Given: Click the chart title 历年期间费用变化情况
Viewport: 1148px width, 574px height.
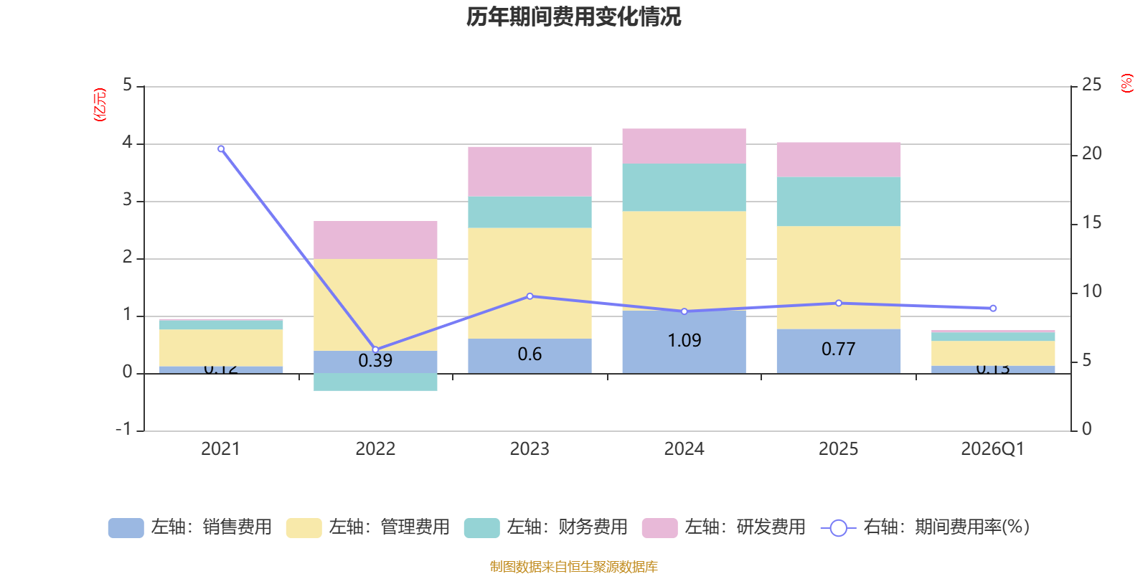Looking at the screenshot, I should tap(573, 17).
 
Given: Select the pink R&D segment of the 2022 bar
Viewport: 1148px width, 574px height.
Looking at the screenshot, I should tap(375, 240).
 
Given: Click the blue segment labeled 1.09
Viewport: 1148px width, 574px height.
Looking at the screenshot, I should tap(684, 342).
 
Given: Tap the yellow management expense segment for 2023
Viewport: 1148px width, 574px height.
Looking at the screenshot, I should tap(530, 283).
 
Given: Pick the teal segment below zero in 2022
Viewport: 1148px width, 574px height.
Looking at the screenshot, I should tap(375, 382).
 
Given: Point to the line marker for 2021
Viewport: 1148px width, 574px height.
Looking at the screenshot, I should tap(221, 149).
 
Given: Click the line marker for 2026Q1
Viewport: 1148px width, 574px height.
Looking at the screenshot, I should tap(993, 309).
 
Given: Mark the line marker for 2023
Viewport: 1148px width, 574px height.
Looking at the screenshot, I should tap(530, 296).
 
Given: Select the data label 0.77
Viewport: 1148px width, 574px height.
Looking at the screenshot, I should tap(838, 349).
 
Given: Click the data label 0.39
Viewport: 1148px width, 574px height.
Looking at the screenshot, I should tap(375, 360).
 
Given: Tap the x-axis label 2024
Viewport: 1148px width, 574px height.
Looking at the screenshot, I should tap(684, 449).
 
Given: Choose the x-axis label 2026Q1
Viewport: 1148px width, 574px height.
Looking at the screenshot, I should tap(992, 449).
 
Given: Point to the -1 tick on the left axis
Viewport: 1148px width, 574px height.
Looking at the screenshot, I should tap(124, 429).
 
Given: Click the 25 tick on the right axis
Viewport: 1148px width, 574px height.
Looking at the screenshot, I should tap(1091, 85).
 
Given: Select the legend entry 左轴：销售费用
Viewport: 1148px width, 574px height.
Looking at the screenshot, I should tap(190, 527).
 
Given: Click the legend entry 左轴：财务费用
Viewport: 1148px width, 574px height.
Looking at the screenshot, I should tap(546, 527).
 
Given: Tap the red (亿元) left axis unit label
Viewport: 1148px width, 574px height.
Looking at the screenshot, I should tap(100, 105).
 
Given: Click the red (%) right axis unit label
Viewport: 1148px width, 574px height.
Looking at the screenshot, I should tap(1126, 83).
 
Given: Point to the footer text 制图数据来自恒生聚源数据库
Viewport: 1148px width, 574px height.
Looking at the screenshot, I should tap(573, 567).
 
